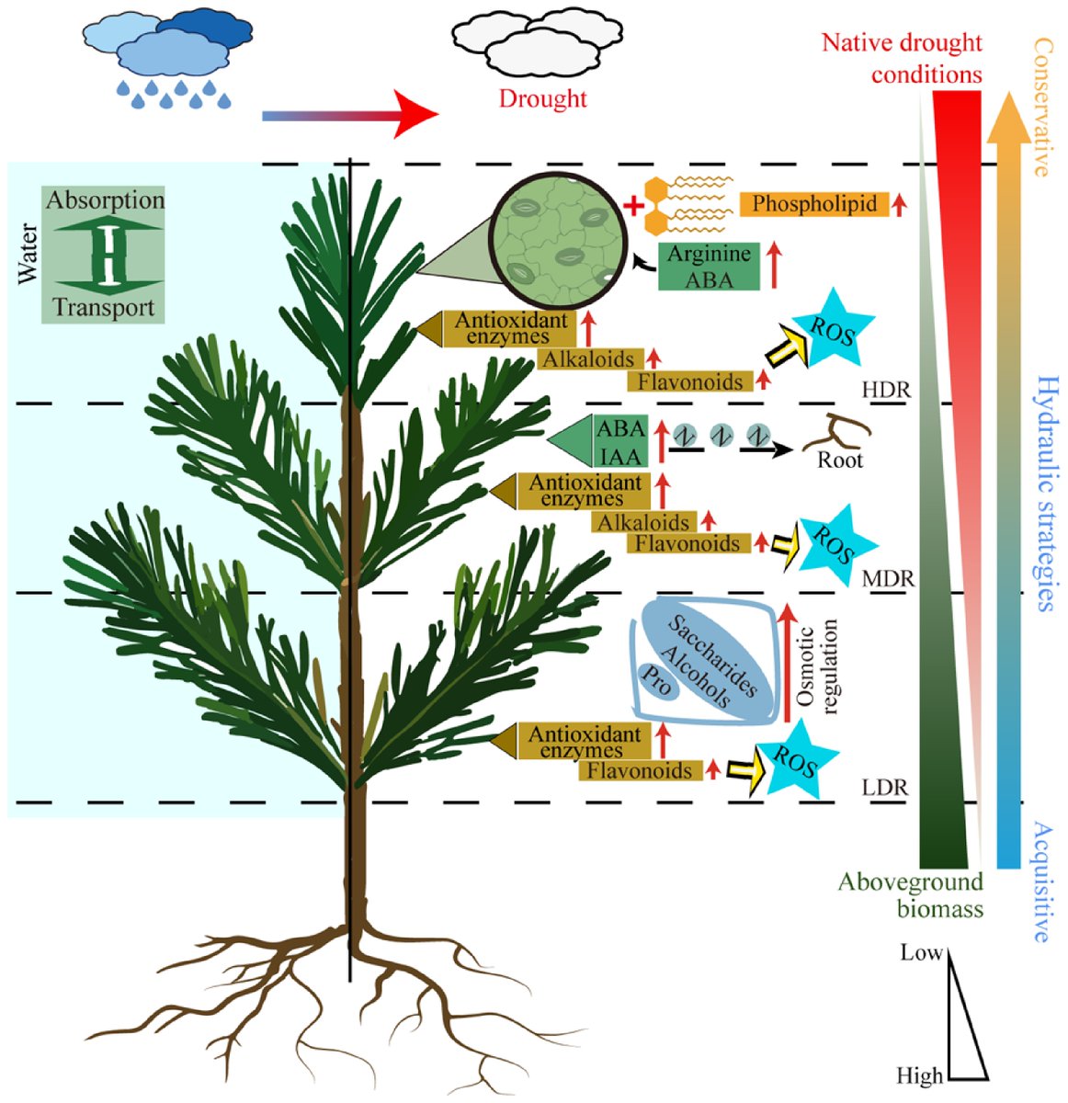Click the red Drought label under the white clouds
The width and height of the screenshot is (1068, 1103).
pyautogui.click(x=542, y=98)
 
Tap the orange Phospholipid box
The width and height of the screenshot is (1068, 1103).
pyautogui.click(x=814, y=203)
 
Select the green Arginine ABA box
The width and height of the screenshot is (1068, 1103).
pyautogui.click(x=709, y=267)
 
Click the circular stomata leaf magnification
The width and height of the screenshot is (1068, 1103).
pyautogui.click(x=560, y=242)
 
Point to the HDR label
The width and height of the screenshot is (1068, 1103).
pyautogui.click(x=885, y=390)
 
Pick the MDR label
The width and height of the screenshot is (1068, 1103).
pyautogui.click(x=888, y=579)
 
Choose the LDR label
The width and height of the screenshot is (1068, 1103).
pyautogui.click(x=885, y=788)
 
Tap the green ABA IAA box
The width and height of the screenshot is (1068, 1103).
pyautogui.click(x=620, y=442)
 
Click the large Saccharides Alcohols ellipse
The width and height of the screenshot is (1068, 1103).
pyautogui.click(x=712, y=659)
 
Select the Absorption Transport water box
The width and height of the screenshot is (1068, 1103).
pyautogui.click(x=103, y=254)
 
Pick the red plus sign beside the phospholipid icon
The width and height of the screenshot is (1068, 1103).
pyautogui.click(x=633, y=204)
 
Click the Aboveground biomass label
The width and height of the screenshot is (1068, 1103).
pyautogui.click(x=910, y=895)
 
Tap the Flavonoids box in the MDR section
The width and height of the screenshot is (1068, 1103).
pyautogui.click(x=687, y=543)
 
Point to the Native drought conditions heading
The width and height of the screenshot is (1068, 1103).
pyautogui.click(x=901, y=58)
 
